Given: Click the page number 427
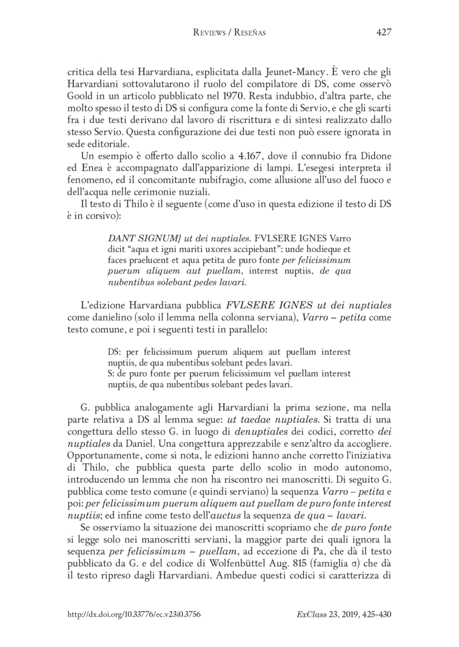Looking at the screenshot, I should pos(383,33).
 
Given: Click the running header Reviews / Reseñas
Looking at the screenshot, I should pos(229,33).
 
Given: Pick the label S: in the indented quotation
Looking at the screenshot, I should pos(112,374).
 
